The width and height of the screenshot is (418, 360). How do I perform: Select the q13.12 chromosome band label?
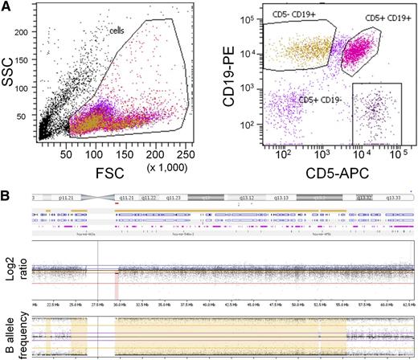point(246,195)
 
